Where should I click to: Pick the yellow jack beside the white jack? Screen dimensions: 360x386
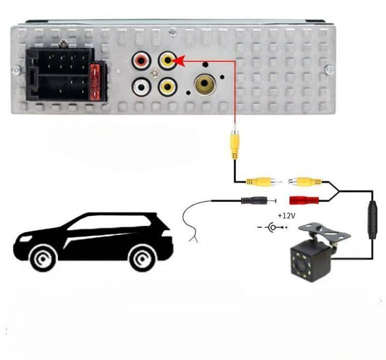point(168,85)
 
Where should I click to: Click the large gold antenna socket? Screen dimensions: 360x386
point(206,85)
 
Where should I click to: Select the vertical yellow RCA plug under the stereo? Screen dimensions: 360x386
point(234,144)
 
